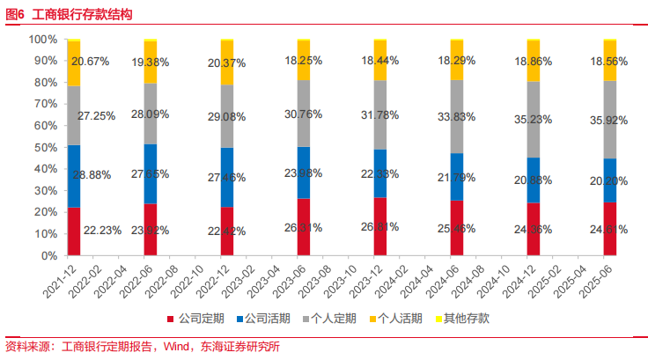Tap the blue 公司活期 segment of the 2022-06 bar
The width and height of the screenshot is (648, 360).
(151, 174)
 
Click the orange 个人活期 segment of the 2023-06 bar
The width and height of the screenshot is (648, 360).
(304, 61)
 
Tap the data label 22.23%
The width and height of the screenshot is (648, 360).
(103, 231)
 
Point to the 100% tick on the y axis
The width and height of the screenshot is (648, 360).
(42, 40)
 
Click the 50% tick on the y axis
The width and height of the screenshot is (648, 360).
(45, 148)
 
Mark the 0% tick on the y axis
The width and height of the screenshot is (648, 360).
(48, 256)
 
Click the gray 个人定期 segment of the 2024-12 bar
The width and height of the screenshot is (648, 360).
(533, 120)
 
